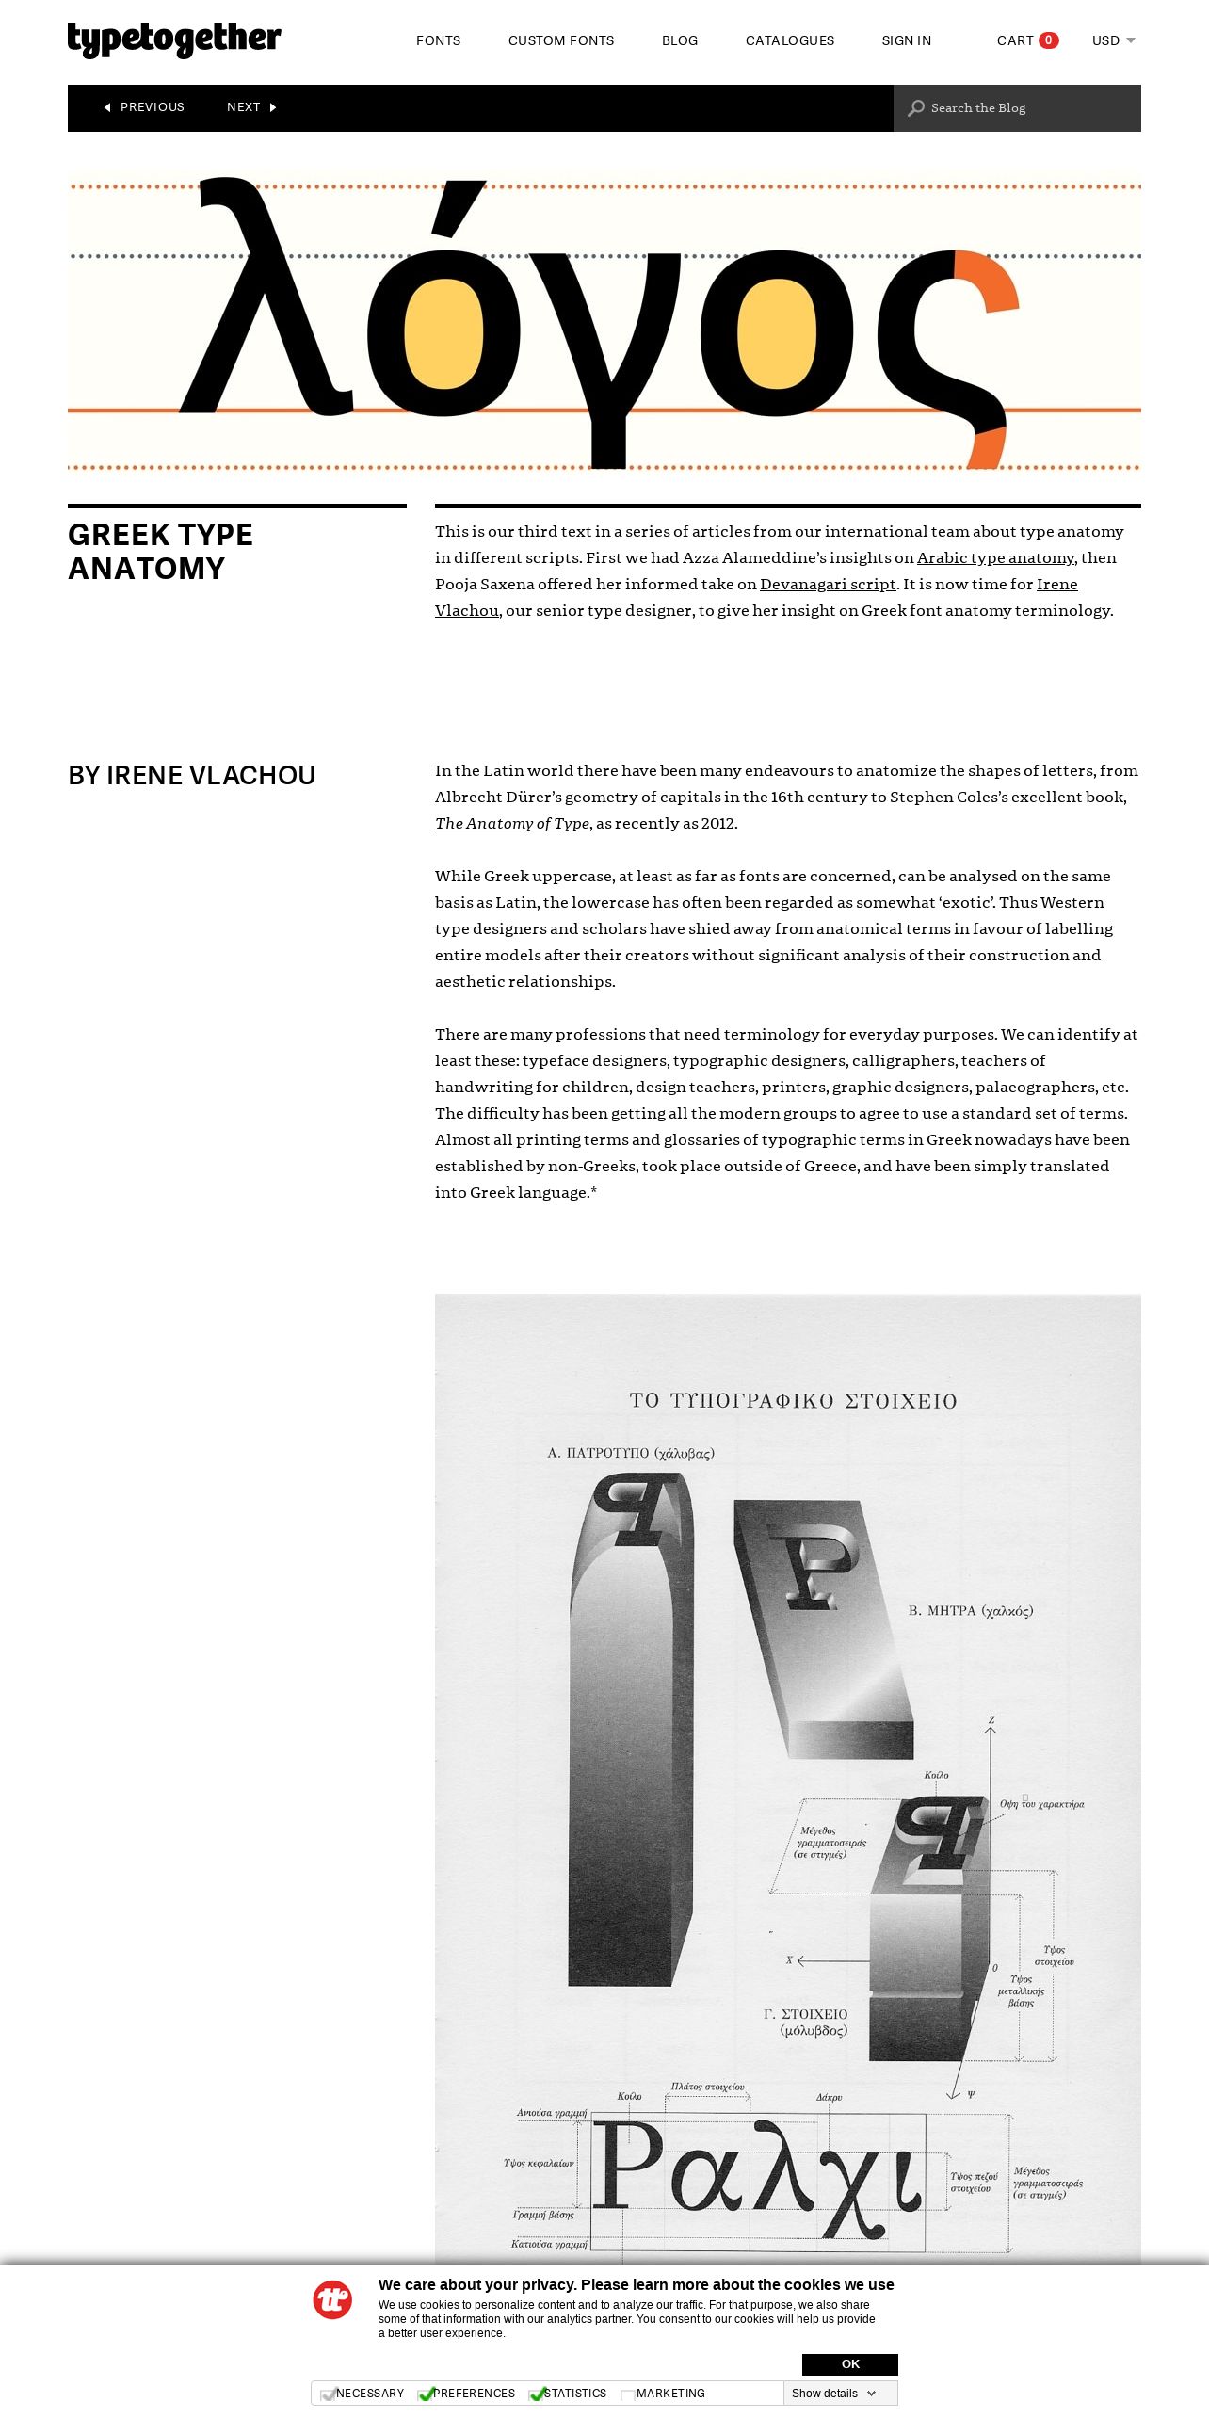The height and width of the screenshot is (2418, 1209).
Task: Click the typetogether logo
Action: (174, 40)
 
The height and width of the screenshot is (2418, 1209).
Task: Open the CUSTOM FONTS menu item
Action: (560, 40)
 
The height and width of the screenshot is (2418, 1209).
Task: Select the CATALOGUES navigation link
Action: (789, 40)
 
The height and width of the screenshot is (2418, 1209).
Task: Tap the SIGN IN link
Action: (906, 40)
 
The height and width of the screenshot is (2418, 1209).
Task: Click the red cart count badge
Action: (1048, 40)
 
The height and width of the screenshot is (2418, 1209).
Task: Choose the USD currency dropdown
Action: (1113, 40)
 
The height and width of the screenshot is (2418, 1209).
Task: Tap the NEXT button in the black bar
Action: (250, 107)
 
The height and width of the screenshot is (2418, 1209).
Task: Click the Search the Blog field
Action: (1017, 108)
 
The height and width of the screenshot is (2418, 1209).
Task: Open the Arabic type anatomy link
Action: (995, 557)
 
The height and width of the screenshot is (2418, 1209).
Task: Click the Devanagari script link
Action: (828, 584)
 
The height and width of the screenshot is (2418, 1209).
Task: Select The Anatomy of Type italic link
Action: (512, 823)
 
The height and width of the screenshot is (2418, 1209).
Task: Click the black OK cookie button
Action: (849, 2363)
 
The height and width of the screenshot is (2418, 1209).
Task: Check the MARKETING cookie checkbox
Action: (627, 2394)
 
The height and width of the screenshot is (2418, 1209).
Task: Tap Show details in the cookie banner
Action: (833, 2393)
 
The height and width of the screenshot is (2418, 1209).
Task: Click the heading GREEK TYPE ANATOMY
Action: (160, 552)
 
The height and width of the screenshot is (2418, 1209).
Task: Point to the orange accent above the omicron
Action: (458, 209)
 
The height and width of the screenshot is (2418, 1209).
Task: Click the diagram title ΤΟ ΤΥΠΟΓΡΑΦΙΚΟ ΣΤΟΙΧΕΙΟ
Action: (793, 1401)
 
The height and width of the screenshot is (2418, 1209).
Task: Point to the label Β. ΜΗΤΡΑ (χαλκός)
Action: (970, 1611)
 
